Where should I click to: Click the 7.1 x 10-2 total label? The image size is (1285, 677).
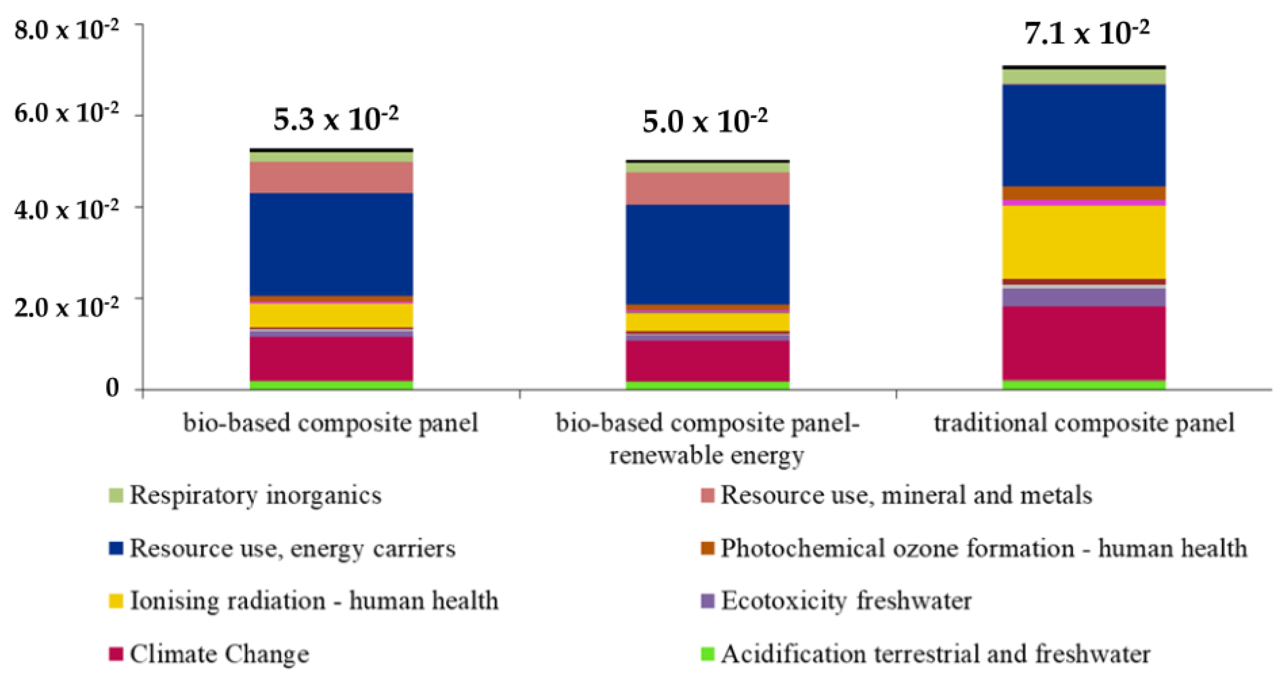[1087, 34]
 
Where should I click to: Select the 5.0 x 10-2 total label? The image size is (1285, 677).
[704, 121]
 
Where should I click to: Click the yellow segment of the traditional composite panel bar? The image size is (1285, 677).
[1083, 242]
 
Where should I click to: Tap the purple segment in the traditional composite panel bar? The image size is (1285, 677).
[1083, 297]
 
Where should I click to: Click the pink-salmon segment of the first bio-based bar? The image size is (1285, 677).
[331, 178]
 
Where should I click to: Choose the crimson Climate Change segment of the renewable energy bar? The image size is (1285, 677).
[707, 361]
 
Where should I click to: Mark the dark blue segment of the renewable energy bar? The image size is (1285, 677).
[707, 254]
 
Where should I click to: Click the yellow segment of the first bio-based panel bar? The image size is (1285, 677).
[331, 315]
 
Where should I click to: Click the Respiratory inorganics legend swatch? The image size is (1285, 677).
[116, 495]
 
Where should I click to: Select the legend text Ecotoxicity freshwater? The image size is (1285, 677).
[846, 601]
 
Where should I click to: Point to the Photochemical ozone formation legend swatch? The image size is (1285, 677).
[707, 548]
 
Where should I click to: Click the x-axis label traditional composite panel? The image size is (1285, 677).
[1083, 423]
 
